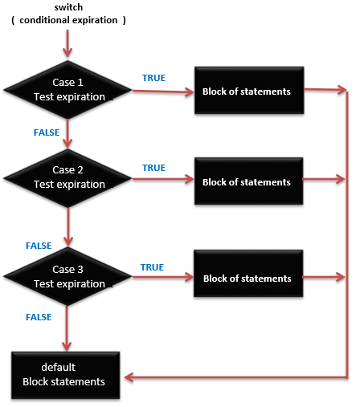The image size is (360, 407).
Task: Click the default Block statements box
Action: coord(65,375)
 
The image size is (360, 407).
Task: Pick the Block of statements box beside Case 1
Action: coord(246,92)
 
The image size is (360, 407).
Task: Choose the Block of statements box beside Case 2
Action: coord(246,182)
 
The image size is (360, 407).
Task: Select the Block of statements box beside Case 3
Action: coord(246,279)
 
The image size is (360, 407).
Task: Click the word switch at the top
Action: coord(68,6)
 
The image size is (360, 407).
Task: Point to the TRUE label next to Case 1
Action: coord(153,77)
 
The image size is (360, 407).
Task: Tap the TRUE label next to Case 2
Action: coord(153,168)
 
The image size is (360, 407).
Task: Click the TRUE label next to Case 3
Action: coord(152,267)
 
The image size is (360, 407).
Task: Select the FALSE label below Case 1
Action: coord(47,132)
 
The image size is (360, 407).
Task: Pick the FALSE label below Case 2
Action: coord(39,245)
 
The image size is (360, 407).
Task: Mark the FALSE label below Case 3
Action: coord(39,317)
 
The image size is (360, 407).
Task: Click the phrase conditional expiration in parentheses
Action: coord(69,20)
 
